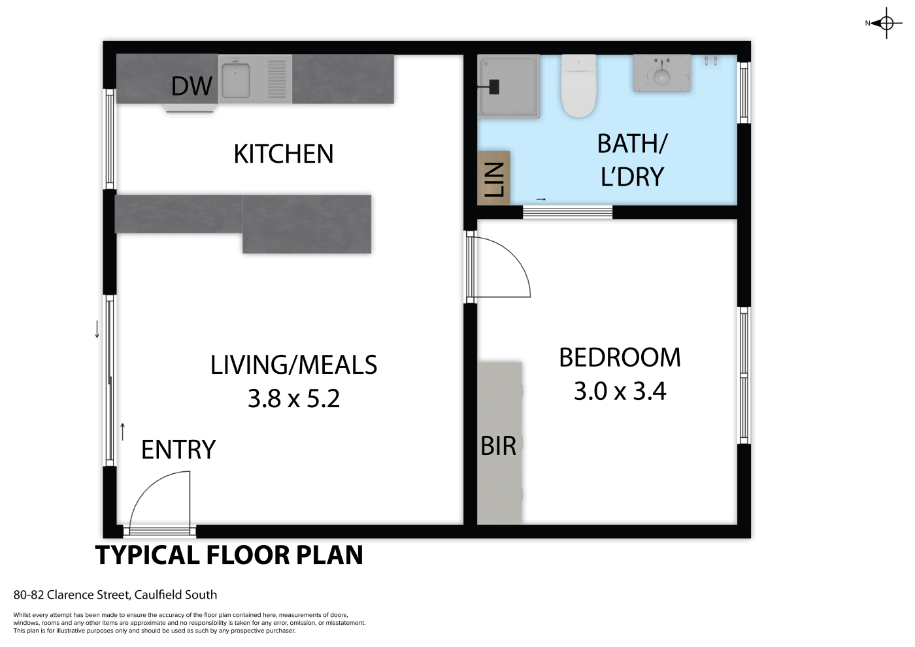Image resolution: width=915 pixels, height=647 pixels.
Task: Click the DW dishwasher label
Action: point(191,86)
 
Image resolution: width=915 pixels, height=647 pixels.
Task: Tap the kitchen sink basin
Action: point(236,80)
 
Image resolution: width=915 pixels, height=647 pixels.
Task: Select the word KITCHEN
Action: point(284,154)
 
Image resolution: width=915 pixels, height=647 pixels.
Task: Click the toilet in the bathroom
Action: point(579,86)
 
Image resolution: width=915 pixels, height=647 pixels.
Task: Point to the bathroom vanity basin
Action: point(661,73)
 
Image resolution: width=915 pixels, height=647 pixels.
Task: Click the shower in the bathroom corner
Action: point(508,86)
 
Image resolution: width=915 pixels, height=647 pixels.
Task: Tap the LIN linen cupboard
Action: point(494,178)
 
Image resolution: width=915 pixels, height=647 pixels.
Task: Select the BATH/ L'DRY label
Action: point(633,160)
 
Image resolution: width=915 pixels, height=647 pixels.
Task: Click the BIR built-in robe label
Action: point(498,446)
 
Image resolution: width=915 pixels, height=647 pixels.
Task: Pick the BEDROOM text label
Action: point(620,357)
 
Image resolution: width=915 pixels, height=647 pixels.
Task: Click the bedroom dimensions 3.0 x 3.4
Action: point(620,391)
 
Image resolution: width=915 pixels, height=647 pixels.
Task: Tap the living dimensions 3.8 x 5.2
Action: point(293,399)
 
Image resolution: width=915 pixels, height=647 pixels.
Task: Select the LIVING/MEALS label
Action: point(293,365)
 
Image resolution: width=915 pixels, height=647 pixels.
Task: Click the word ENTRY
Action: point(178,450)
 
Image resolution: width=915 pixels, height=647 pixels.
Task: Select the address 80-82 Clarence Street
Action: point(71,595)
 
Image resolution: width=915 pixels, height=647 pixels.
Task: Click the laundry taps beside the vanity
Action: point(710,60)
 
